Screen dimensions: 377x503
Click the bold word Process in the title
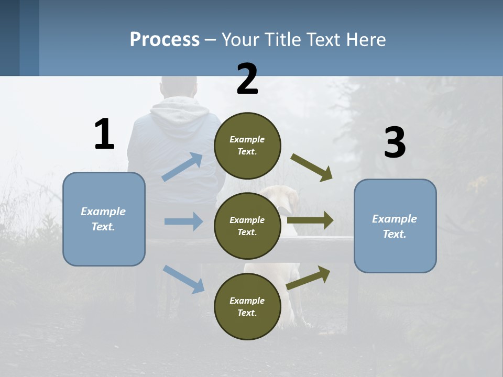(x=165, y=39)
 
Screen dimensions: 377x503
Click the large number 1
(x=104, y=134)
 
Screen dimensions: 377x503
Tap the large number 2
(x=247, y=79)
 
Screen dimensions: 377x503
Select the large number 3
(x=395, y=143)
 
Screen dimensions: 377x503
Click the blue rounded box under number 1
(x=104, y=219)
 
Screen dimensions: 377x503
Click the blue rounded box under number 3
(x=395, y=226)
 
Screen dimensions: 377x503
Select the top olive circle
(x=247, y=146)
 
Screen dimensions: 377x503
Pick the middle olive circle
(x=247, y=226)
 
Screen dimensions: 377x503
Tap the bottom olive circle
(x=247, y=306)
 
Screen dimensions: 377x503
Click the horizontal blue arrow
(x=183, y=221)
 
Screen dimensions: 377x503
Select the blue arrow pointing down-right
(x=184, y=279)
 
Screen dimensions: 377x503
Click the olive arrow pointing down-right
(x=312, y=168)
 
